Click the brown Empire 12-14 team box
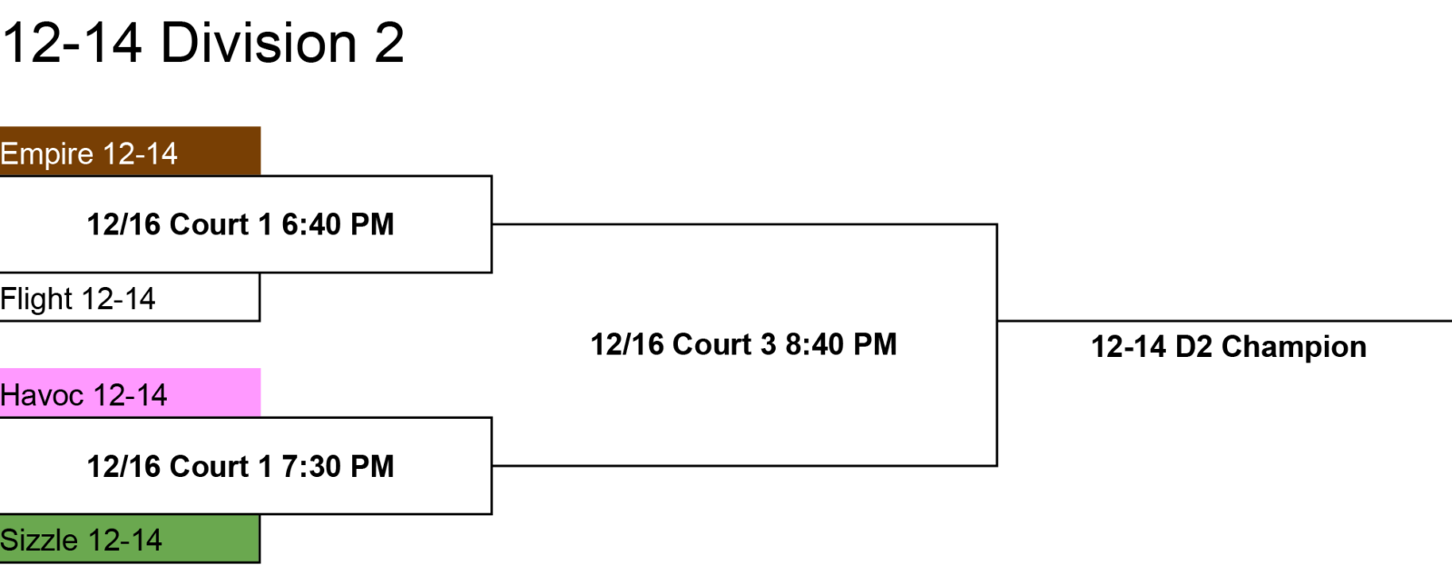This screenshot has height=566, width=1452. [130, 151]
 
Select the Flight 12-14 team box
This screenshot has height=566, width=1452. [130, 297]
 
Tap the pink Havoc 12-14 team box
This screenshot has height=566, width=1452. [130, 392]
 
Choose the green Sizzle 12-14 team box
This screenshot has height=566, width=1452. [130, 539]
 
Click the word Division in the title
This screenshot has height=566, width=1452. [259, 43]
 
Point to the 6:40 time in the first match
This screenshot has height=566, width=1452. [310, 224]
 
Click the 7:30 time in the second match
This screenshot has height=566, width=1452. [310, 467]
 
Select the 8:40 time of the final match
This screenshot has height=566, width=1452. [814, 344]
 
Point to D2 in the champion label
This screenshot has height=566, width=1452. [1193, 347]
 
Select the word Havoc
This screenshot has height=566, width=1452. [42, 395]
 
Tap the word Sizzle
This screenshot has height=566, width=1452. [39, 540]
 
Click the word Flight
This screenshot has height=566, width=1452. [36, 299]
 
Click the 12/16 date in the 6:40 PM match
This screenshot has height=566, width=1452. [123, 224]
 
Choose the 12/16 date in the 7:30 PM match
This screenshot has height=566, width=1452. [123, 467]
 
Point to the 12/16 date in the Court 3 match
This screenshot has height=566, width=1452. [627, 344]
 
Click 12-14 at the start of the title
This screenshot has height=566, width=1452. [72, 43]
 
